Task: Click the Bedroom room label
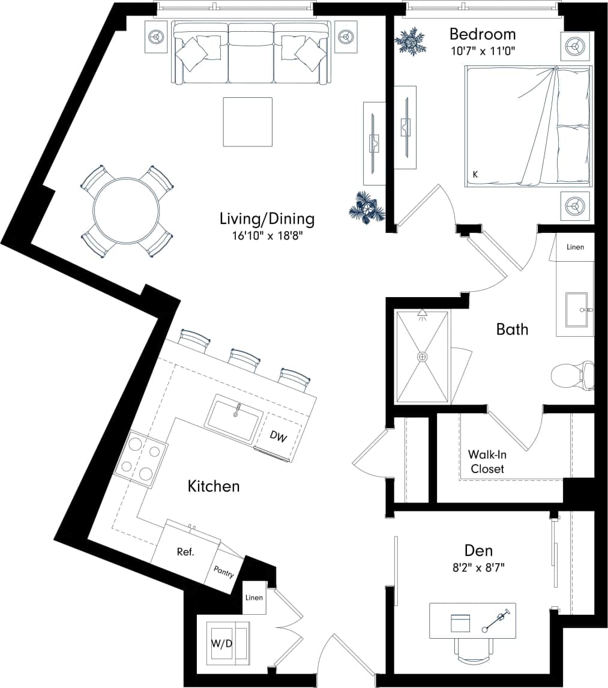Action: [x=482, y=34]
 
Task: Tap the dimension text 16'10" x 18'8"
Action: [x=266, y=236]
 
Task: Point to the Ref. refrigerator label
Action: [x=185, y=552]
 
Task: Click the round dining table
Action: [x=127, y=211]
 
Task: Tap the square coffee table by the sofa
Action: [x=247, y=122]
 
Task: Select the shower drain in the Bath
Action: [x=423, y=357]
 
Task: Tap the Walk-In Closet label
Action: [x=487, y=462]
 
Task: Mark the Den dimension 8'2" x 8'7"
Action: [x=478, y=567]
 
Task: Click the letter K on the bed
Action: [x=475, y=174]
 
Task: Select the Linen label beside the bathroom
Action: [x=575, y=247]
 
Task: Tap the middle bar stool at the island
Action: [x=244, y=359]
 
